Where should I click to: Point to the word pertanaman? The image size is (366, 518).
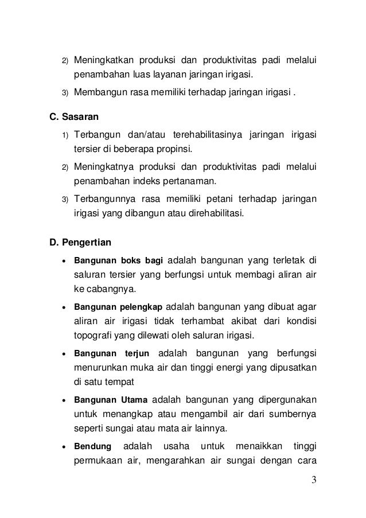coord(190,182)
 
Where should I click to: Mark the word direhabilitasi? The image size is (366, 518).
coord(213,215)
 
